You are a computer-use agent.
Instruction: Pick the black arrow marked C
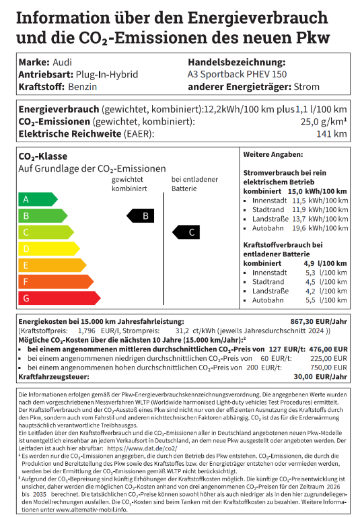tap(188, 232)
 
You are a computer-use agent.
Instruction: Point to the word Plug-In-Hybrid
tap(107, 74)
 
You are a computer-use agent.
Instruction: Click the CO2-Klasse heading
tap(42, 156)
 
